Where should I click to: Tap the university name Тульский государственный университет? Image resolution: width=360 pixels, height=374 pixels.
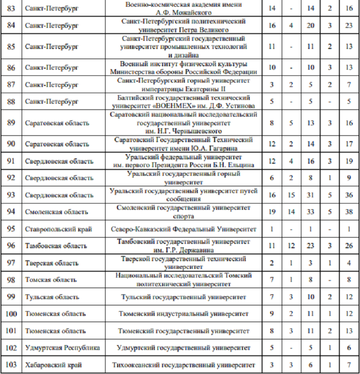click(x=184, y=297)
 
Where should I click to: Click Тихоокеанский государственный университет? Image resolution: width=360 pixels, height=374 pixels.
click(x=184, y=365)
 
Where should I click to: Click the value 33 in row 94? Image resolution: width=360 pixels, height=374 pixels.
click(x=311, y=211)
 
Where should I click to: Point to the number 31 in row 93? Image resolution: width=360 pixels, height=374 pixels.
click(x=311, y=195)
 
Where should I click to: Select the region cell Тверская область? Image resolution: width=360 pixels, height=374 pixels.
click(x=52, y=263)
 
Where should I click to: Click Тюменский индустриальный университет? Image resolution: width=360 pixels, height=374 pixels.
click(x=184, y=314)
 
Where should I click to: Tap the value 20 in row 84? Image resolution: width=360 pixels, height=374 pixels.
click(x=311, y=25)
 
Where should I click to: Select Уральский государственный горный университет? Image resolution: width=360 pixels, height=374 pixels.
click(x=184, y=178)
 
